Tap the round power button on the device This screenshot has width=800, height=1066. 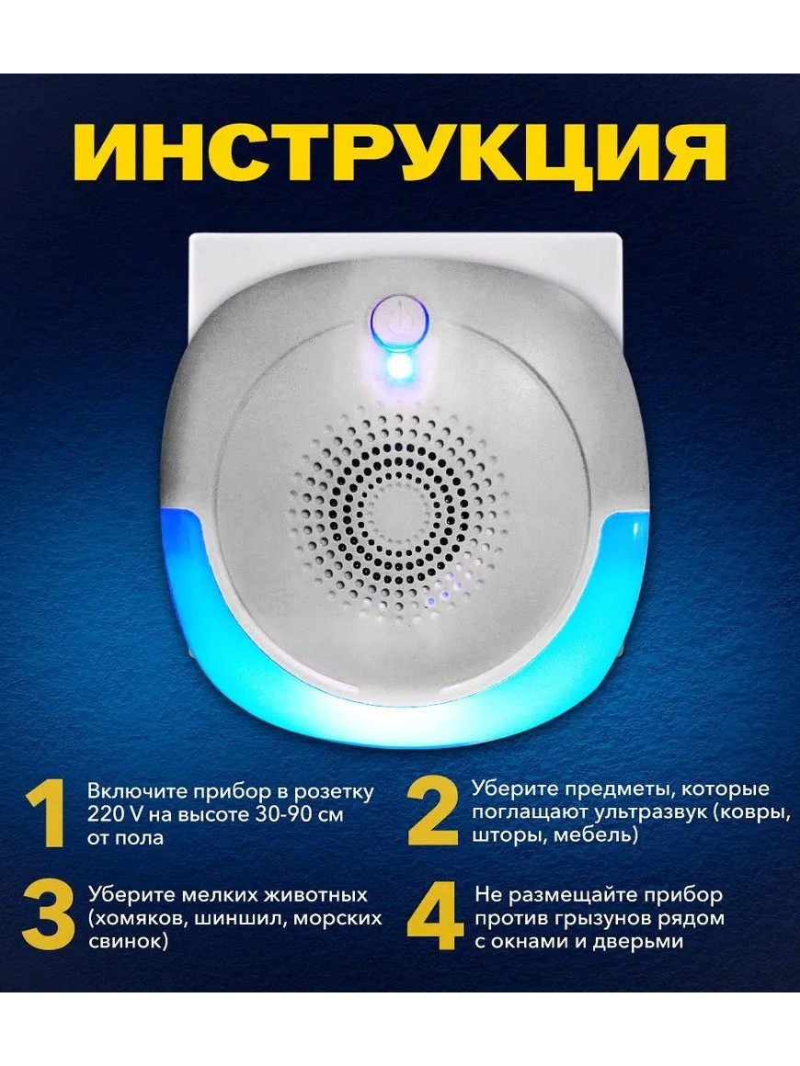400,323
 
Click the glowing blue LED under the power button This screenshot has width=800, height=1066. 400,369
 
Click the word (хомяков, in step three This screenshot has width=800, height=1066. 139,918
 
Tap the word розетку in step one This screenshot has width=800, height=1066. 333,792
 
